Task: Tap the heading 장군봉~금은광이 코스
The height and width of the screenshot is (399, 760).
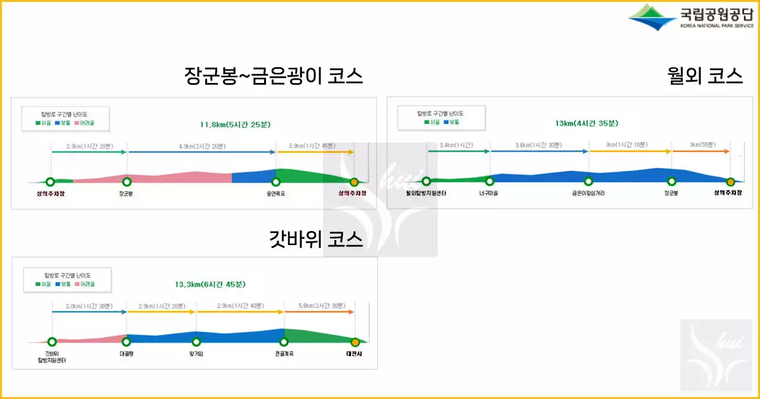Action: coord(274,77)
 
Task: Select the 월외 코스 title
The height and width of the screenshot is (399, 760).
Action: coord(705,77)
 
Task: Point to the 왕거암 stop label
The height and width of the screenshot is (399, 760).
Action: coord(197,353)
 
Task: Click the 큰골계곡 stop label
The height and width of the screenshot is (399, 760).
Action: coord(284,353)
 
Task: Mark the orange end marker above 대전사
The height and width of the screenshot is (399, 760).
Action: coord(355,342)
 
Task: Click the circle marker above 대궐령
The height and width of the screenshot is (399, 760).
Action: coord(126,342)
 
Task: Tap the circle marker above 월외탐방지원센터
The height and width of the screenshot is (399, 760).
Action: coord(426,182)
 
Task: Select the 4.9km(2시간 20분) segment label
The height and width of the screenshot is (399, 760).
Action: coord(201,146)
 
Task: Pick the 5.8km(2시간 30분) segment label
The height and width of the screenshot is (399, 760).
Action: coord(319,306)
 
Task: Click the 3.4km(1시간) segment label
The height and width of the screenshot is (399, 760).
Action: coord(458,145)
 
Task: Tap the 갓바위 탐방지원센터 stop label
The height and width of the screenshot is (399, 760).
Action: coord(52,357)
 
